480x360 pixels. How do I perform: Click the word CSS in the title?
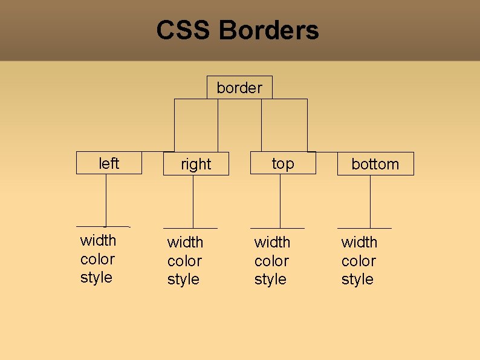(184, 30)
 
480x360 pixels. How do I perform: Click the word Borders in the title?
(269, 30)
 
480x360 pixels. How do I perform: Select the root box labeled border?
(239, 88)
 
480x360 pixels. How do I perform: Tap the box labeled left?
(109, 163)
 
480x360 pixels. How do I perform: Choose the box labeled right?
(196, 164)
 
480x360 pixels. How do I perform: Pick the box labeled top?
(283, 163)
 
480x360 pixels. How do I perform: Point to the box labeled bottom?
(375, 164)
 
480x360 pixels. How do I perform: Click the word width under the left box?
(98, 240)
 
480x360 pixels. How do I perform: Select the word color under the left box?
(97, 259)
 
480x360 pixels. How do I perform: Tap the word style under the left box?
(96, 278)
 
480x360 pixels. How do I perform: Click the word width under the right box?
(185, 242)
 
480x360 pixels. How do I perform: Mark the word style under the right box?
(183, 280)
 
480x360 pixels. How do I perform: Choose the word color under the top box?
(271, 261)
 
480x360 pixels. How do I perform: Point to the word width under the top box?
(272, 242)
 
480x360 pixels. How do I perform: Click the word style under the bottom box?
(357, 280)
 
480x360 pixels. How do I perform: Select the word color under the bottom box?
(358, 261)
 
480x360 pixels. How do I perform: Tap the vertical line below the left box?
(106, 200)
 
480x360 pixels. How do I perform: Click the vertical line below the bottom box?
(370, 201)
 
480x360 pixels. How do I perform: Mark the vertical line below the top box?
(280, 201)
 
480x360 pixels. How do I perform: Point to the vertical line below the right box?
(193, 201)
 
